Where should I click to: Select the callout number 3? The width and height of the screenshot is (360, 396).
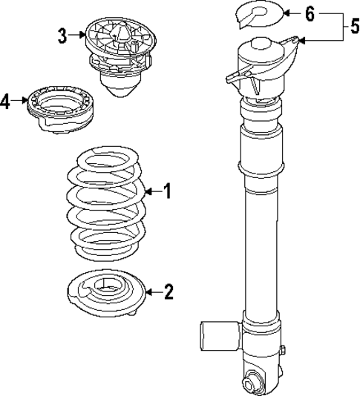(x=63, y=33)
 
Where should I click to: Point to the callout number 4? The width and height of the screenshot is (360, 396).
(x=6, y=101)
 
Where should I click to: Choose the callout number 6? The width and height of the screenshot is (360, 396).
(x=310, y=13)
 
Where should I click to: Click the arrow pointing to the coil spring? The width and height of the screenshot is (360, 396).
(x=151, y=192)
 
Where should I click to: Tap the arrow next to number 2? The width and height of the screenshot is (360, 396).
(x=152, y=292)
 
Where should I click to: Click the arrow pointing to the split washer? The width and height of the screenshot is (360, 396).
(x=292, y=13)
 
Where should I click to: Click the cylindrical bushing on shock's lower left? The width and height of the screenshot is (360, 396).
(x=217, y=336)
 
